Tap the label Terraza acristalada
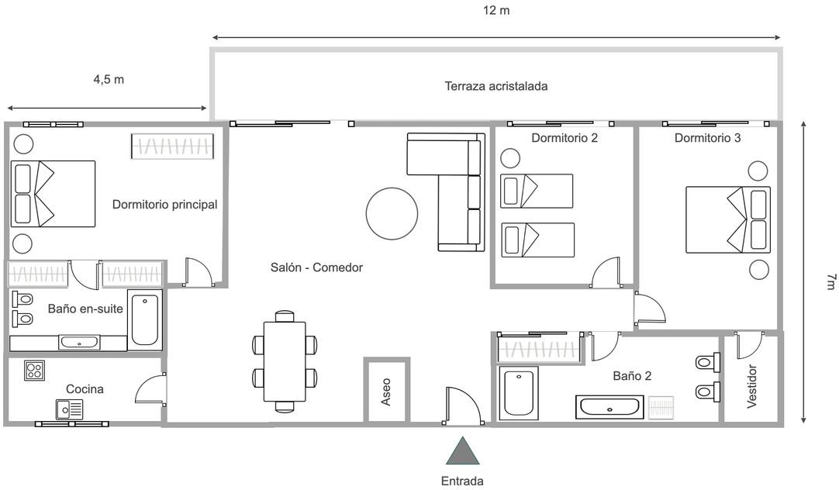click(x=496, y=86)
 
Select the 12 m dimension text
click(x=495, y=11)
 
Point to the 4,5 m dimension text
click(x=109, y=79)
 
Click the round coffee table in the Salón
click(x=392, y=213)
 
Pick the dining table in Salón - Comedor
click(x=285, y=361)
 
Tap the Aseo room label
click(x=386, y=392)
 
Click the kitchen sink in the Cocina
click(x=69, y=409)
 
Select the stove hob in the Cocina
click(x=34, y=370)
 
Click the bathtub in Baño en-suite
click(x=145, y=319)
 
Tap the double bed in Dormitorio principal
click(x=53, y=194)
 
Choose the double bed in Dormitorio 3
click(x=727, y=219)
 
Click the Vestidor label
click(x=751, y=385)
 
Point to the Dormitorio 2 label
click(x=565, y=138)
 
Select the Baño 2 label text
click(x=632, y=376)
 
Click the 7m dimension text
click(x=829, y=282)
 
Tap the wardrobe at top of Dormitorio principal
click(x=172, y=147)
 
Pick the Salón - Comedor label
click(x=316, y=267)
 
